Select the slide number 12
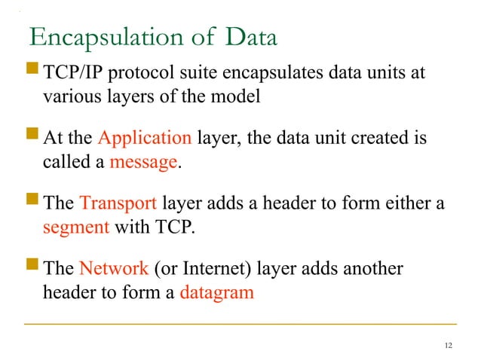click(x=449, y=345)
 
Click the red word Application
click(x=145, y=139)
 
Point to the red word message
click(x=145, y=162)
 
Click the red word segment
click(x=76, y=227)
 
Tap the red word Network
click(x=114, y=269)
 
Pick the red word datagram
click(x=216, y=292)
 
